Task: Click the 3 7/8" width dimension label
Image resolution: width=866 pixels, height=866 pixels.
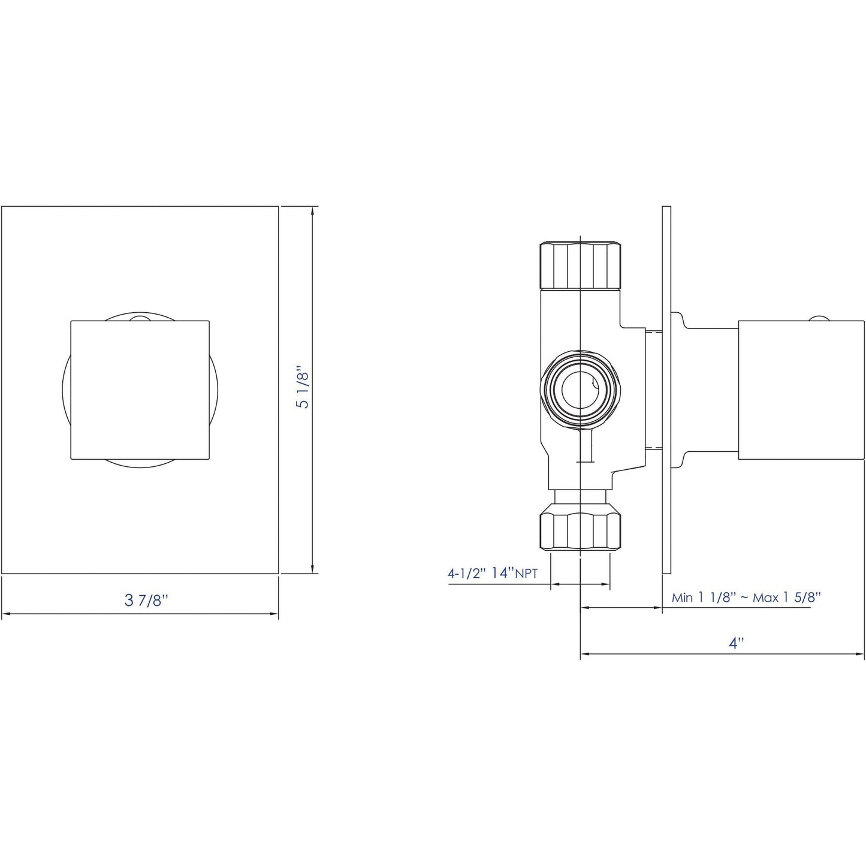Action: [143, 601]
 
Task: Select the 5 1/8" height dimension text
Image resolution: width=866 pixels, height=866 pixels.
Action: [303, 390]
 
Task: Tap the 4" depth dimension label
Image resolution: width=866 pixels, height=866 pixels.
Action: [736, 643]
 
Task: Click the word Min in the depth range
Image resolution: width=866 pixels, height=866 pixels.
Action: [682, 598]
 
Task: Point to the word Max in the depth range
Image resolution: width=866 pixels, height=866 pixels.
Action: [767, 598]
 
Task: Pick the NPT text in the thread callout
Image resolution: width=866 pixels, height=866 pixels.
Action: [527, 574]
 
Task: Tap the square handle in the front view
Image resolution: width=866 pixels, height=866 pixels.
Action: [140, 390]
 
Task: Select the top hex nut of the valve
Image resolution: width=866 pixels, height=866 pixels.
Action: [580, 264]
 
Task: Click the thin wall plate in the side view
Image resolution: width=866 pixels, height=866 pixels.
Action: [666, 390]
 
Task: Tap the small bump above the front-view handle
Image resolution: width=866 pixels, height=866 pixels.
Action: [139, 317]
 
